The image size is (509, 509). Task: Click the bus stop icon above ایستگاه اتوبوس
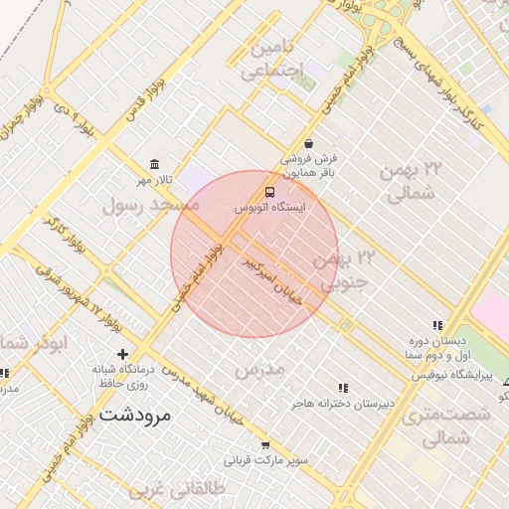pyautogui.click(x=271, y=192)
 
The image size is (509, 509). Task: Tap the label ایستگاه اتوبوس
pyautogui.click(x=270, y=209)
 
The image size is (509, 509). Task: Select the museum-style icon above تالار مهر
pyautogui.click(x=154, y=164)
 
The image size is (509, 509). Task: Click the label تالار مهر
pyautogui.click(x=156, y=180)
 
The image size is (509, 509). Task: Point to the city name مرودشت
pyautogui.click(x=136, y=415)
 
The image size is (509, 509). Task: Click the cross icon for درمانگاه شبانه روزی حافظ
pyautogui.click(x=122, y=354)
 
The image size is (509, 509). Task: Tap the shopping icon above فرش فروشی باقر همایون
pyautogui.click(x=308, y=143)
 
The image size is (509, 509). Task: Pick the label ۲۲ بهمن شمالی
pyautogui.click(x=409, y=182)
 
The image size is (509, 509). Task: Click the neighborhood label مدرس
pyautogui.click(x=259, y=369)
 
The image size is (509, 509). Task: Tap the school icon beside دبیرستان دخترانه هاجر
pyautogui.click(x=343, y=388)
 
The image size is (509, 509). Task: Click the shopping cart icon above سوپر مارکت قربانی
pyautogui.click(x=265, y=445)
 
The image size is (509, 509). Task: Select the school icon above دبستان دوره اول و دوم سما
pyautogui.click(x=437, y=325)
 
